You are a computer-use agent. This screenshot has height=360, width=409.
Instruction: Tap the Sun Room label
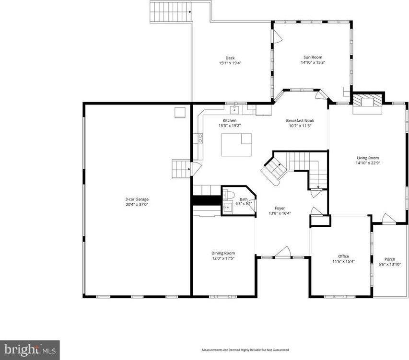(x=313, y=58)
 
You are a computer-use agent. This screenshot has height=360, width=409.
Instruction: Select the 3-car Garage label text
(x=134, y=199)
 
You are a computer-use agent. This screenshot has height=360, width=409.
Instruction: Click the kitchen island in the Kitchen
(x=236, y=145)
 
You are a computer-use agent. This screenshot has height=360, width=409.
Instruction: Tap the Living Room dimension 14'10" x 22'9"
(x=368, y=163)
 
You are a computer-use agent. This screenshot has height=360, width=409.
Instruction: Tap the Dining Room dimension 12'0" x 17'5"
(x=223, y=258)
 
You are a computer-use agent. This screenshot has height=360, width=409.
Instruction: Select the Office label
(x=343, y=256)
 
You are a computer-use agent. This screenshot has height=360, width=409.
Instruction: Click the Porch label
(x=389, y=259)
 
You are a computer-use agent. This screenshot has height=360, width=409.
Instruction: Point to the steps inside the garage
(x=181, y=169)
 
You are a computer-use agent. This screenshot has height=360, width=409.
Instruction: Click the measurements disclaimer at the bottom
(x=245, y=350)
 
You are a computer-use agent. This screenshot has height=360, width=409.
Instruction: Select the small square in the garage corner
(x=180, y=112)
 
